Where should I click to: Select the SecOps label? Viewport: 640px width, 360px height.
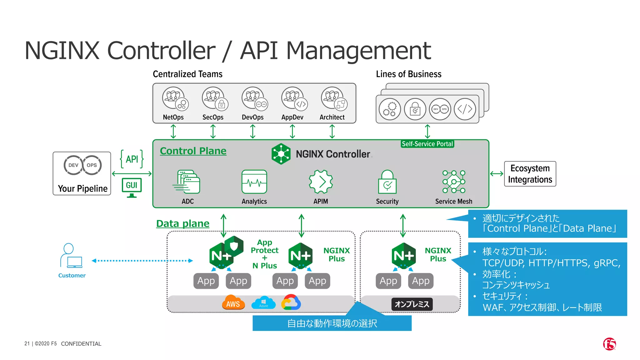213,117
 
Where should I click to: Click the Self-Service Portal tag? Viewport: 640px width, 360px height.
427,144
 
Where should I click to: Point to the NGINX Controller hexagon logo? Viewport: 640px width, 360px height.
281,154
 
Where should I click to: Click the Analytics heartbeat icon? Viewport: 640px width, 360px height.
254,182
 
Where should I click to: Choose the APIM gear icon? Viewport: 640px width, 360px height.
321,182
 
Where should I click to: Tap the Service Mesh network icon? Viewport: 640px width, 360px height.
454,182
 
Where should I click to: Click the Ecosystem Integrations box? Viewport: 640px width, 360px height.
530,174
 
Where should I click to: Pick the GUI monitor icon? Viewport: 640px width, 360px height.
132,187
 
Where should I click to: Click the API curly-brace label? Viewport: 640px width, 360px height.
132,159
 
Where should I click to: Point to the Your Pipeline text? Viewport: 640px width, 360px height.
82,188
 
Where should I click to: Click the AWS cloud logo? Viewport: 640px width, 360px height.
233,302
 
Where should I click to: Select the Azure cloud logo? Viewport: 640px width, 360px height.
263,302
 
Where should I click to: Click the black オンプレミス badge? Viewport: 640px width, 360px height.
412,304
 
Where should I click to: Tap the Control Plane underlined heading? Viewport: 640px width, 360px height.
193,151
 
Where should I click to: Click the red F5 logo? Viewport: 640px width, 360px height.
609,344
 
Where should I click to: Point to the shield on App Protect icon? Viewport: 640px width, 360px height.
234,246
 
